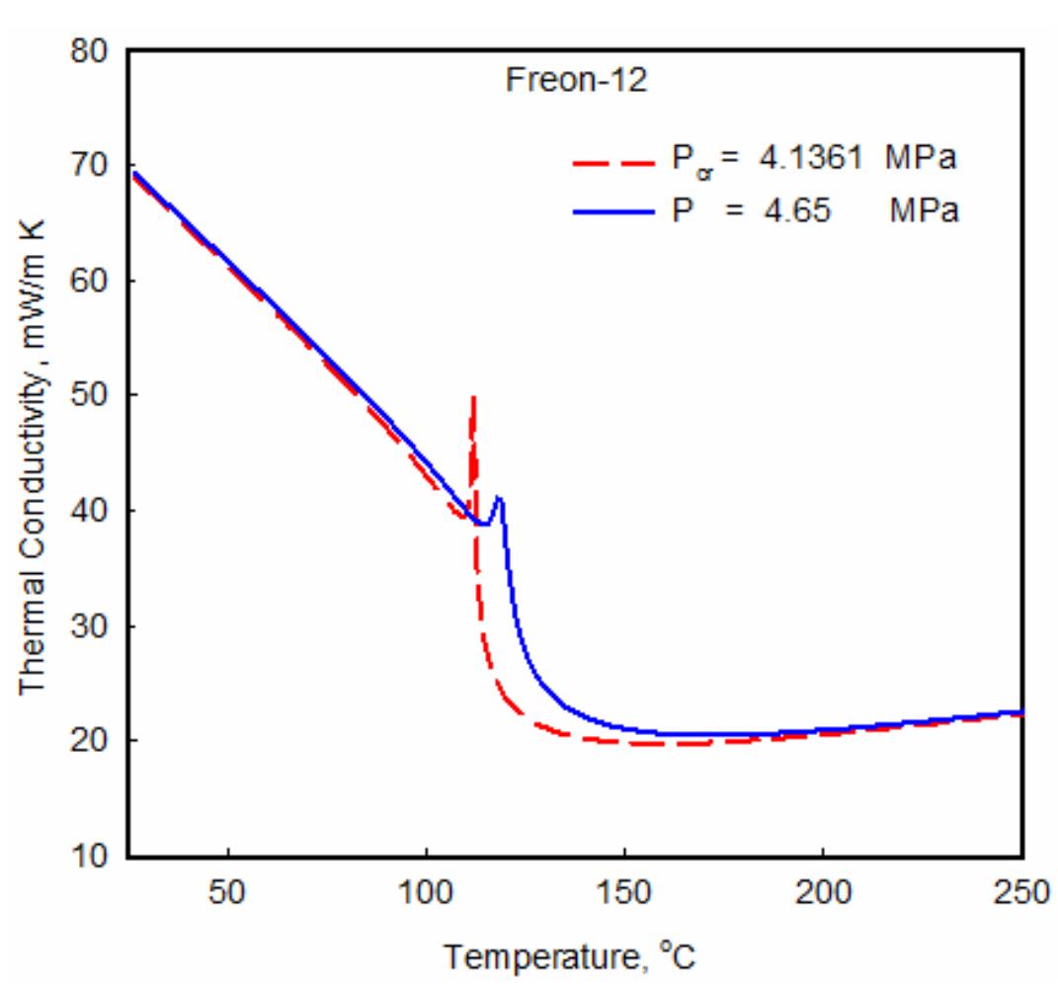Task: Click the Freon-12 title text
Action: pyautogui.click(x=577, y=82)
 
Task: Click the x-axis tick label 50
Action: pyautogui.click(x=229, y=891)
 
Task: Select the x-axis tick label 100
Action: pyautogui.click(x=427, y=891)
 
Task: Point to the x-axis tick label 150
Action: pyautogui.click(x=624, y=891)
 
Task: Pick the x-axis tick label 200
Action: pyautogui.click(x=823, y=891)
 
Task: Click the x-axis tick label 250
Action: pyautogui.click(x=1017, y=891)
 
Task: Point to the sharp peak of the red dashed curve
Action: pyautogui.click(x=474, y=397)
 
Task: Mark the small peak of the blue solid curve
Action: pyautogui.click(x=500, y=497)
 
